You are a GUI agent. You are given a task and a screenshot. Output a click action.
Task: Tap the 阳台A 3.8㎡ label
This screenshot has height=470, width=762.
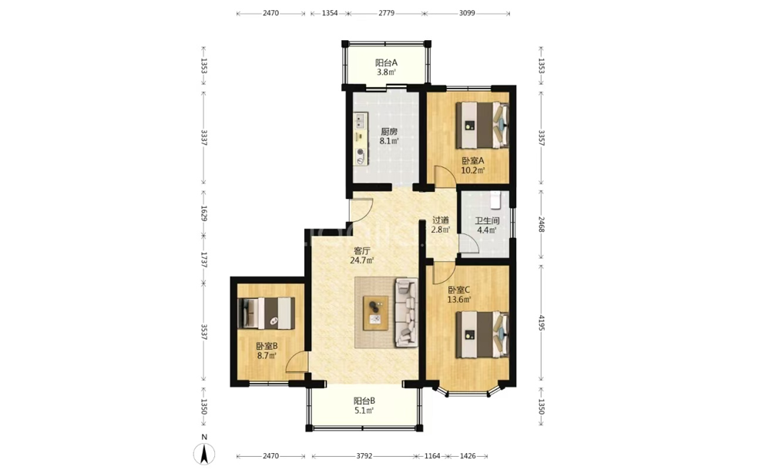coord(386,68)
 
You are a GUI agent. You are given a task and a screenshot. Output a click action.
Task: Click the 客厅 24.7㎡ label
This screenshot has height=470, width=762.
coord(362,255)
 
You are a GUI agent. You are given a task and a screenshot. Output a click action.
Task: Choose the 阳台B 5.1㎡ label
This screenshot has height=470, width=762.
coord(364,406)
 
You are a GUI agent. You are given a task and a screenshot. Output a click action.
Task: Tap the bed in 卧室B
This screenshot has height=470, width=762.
coord(267,313)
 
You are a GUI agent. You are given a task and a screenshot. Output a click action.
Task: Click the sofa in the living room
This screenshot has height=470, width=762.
coord(406,312)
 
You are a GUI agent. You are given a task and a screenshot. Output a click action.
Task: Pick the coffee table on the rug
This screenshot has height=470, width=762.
coord(376,313)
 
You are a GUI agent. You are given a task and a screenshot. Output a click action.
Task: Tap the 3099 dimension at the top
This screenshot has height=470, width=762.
coord(467,13)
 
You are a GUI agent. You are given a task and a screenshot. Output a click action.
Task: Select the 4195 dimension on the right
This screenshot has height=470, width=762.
coord(542,323)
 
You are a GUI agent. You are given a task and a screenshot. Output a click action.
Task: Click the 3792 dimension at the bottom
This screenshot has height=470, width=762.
coord(364,456)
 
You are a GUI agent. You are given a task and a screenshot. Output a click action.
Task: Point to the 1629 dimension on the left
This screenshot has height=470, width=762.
coord(204,213)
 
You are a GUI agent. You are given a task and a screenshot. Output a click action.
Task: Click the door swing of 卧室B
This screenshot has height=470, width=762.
coord(297,361)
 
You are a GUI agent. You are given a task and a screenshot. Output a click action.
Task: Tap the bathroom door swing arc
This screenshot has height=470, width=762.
coord(469,243)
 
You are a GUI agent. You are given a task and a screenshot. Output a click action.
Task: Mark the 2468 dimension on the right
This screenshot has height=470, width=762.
coord(542,224)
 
